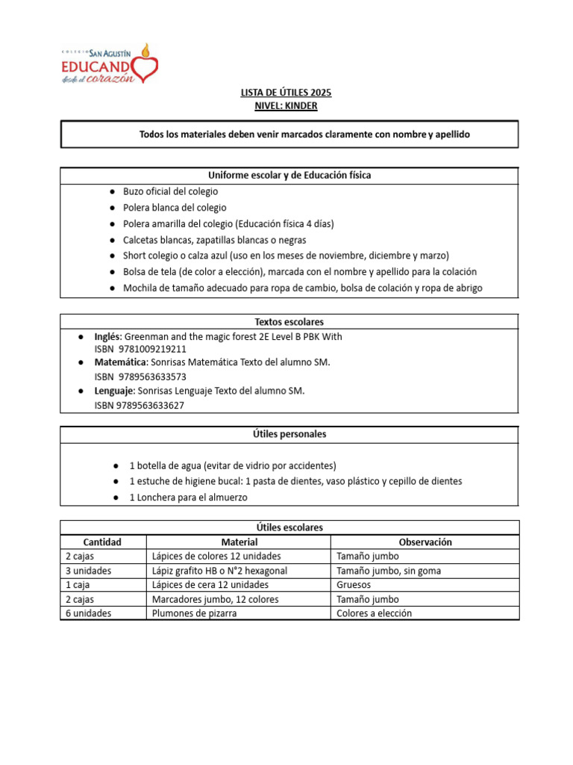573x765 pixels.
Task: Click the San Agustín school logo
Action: (109, 64)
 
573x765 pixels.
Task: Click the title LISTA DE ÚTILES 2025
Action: (286, 93)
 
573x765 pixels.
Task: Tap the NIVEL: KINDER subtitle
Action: (286, 106)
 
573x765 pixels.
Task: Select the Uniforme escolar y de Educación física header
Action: (289, 175)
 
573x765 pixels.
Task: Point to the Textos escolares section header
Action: (289, 321)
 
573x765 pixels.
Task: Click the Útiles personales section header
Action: (289, 434)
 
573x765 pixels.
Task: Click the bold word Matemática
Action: (120, 362)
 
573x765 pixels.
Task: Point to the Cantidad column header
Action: (103, 542)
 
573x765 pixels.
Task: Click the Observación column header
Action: (425, 542)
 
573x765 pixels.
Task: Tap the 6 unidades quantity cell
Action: (88, 613)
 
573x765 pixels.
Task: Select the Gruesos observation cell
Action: (354, 585)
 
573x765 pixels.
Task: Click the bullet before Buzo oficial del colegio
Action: (110, 192)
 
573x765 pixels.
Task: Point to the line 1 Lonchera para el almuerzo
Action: (188, 497)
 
